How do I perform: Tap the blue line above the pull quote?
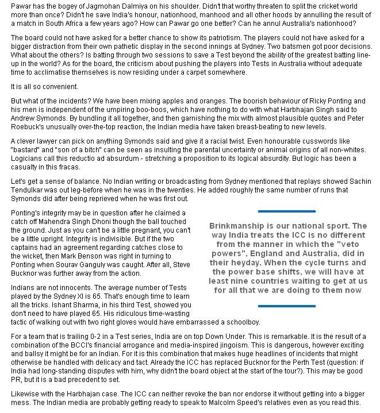pos(287,211)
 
